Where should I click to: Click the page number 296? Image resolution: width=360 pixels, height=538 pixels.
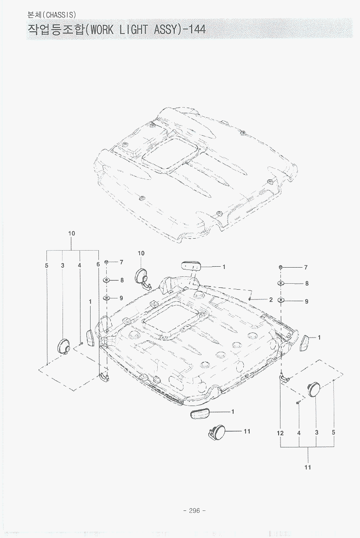click(194, 510)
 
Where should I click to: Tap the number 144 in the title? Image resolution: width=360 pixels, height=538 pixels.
click(197, 29)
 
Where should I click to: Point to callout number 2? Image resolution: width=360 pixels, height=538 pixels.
click(271, 300)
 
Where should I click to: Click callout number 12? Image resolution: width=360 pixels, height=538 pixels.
click(280, 433)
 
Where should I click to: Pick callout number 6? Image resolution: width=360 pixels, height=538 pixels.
click(98, 265)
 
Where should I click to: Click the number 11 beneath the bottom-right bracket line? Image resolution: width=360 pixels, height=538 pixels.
click(308, 467)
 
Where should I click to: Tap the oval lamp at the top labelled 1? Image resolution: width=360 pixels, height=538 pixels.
click(191, 266)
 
